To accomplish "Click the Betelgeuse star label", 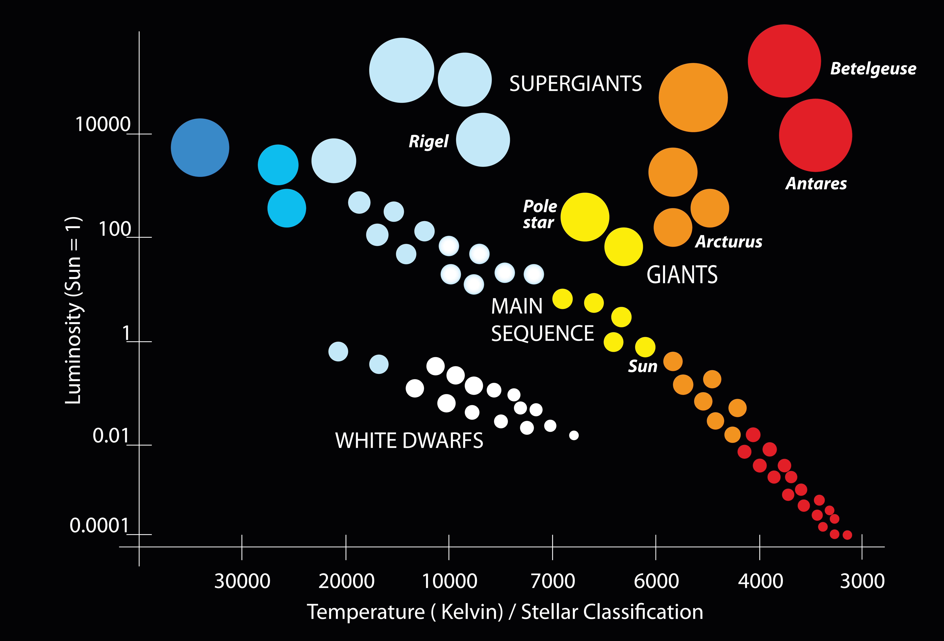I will pos(873,69).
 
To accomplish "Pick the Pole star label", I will pos(539,214).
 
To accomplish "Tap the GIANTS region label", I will pos(682,275).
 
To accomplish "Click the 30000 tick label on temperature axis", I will pos(242,581).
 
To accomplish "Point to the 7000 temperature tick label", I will pos(552,581).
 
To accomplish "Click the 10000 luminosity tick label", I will pos(103,124).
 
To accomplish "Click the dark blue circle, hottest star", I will pos(200,148).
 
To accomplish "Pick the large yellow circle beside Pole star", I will pos(585,217).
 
